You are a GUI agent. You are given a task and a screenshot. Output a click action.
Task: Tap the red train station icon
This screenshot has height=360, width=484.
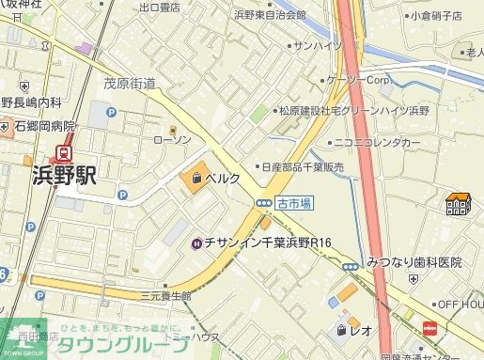click(x=65, y=151)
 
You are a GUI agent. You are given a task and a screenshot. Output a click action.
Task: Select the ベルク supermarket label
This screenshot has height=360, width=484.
click(x=224, y=178)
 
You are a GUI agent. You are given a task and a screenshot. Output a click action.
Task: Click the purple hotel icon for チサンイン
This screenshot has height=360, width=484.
click(x=195, y=243)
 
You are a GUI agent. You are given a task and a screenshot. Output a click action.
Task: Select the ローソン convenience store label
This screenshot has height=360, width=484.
click(x=172, y=139)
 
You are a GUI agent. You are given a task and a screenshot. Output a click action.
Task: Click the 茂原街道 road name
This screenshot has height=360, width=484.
click(x=130, y=84)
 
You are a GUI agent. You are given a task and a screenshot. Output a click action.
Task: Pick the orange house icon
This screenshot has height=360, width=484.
click(x=459, y=202)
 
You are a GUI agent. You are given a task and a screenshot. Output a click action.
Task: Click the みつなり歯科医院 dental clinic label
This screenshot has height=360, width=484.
click(x=414, y=262)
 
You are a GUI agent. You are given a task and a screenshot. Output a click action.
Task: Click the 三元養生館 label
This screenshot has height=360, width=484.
click(x=165, y=295)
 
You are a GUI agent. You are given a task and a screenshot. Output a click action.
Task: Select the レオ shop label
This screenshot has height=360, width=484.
click(x=361, y=330)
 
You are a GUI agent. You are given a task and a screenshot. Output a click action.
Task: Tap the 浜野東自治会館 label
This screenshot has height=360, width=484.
click(x=270, y=15)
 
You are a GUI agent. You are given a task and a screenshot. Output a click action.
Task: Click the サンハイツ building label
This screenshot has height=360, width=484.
click(x=317, y=44)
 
